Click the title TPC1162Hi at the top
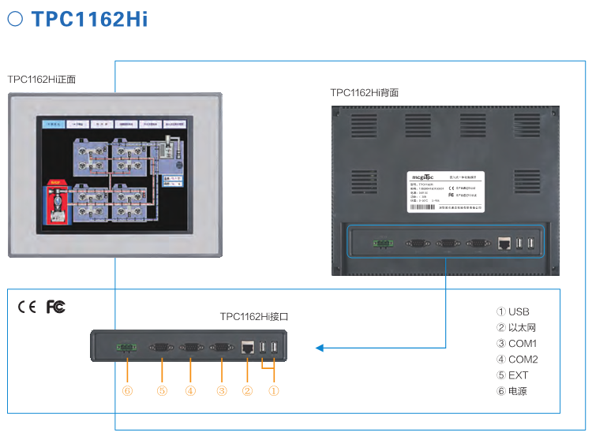coord(89,18)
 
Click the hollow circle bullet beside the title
coord(15,17)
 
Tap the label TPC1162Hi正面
coord(42,79)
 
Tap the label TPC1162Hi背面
coord(365,92)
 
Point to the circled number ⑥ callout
coord(127,389)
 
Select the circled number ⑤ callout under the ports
coord(162,389)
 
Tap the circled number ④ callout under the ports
coord(190,389)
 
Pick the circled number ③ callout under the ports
coord(221,389)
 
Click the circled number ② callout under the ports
coord(247,389)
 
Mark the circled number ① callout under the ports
coord(274,389)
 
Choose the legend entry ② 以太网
coord(520,328)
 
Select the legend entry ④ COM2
coord(517,360)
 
